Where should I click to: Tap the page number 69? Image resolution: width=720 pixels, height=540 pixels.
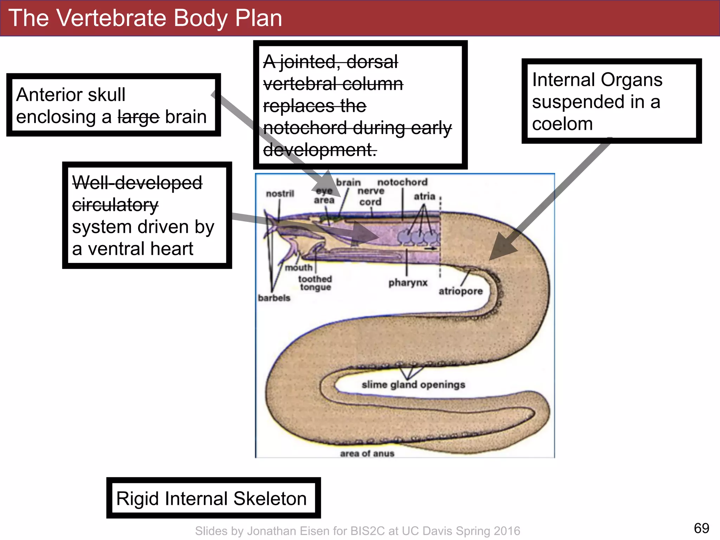(701, 528)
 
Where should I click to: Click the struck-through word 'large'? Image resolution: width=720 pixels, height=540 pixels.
(139, 117)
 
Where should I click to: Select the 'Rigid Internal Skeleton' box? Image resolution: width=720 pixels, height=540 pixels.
(213, 498)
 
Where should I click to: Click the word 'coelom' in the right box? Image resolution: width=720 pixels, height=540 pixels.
(562, 124)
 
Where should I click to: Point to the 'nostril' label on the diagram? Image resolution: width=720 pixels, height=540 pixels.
(280, 194)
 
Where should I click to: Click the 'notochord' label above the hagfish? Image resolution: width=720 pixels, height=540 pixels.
(402, 182)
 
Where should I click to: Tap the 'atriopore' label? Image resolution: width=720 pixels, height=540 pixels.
(461, 291)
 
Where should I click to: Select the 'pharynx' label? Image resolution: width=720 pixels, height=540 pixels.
(408, 283)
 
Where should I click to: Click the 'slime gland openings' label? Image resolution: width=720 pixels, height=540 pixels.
(413, 385)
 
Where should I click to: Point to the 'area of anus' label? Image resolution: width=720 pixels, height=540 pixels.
(367, 454)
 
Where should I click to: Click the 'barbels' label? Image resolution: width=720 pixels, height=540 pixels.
(274, 298)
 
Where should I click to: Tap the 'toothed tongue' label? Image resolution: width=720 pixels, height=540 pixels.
(315, 283)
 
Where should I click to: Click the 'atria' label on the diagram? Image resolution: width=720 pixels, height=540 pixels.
(424, 196)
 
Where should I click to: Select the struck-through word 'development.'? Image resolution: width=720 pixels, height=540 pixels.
(320, 150)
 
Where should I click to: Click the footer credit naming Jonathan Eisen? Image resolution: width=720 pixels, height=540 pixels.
(358, 531)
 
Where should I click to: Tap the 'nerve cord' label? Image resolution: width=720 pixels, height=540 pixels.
(371, 196)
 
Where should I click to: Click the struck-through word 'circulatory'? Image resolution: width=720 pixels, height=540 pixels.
(115, 205)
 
